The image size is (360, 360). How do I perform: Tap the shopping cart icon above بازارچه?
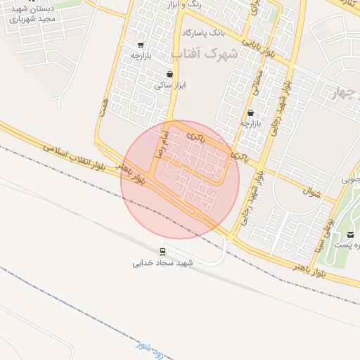point(141,44)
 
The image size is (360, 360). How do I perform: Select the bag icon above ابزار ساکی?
point(169,73)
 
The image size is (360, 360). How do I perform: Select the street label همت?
point(105,106)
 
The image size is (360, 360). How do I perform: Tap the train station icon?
point(162,251)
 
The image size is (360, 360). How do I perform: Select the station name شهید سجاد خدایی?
point(162,263)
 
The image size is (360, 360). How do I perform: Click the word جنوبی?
point(352,180)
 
